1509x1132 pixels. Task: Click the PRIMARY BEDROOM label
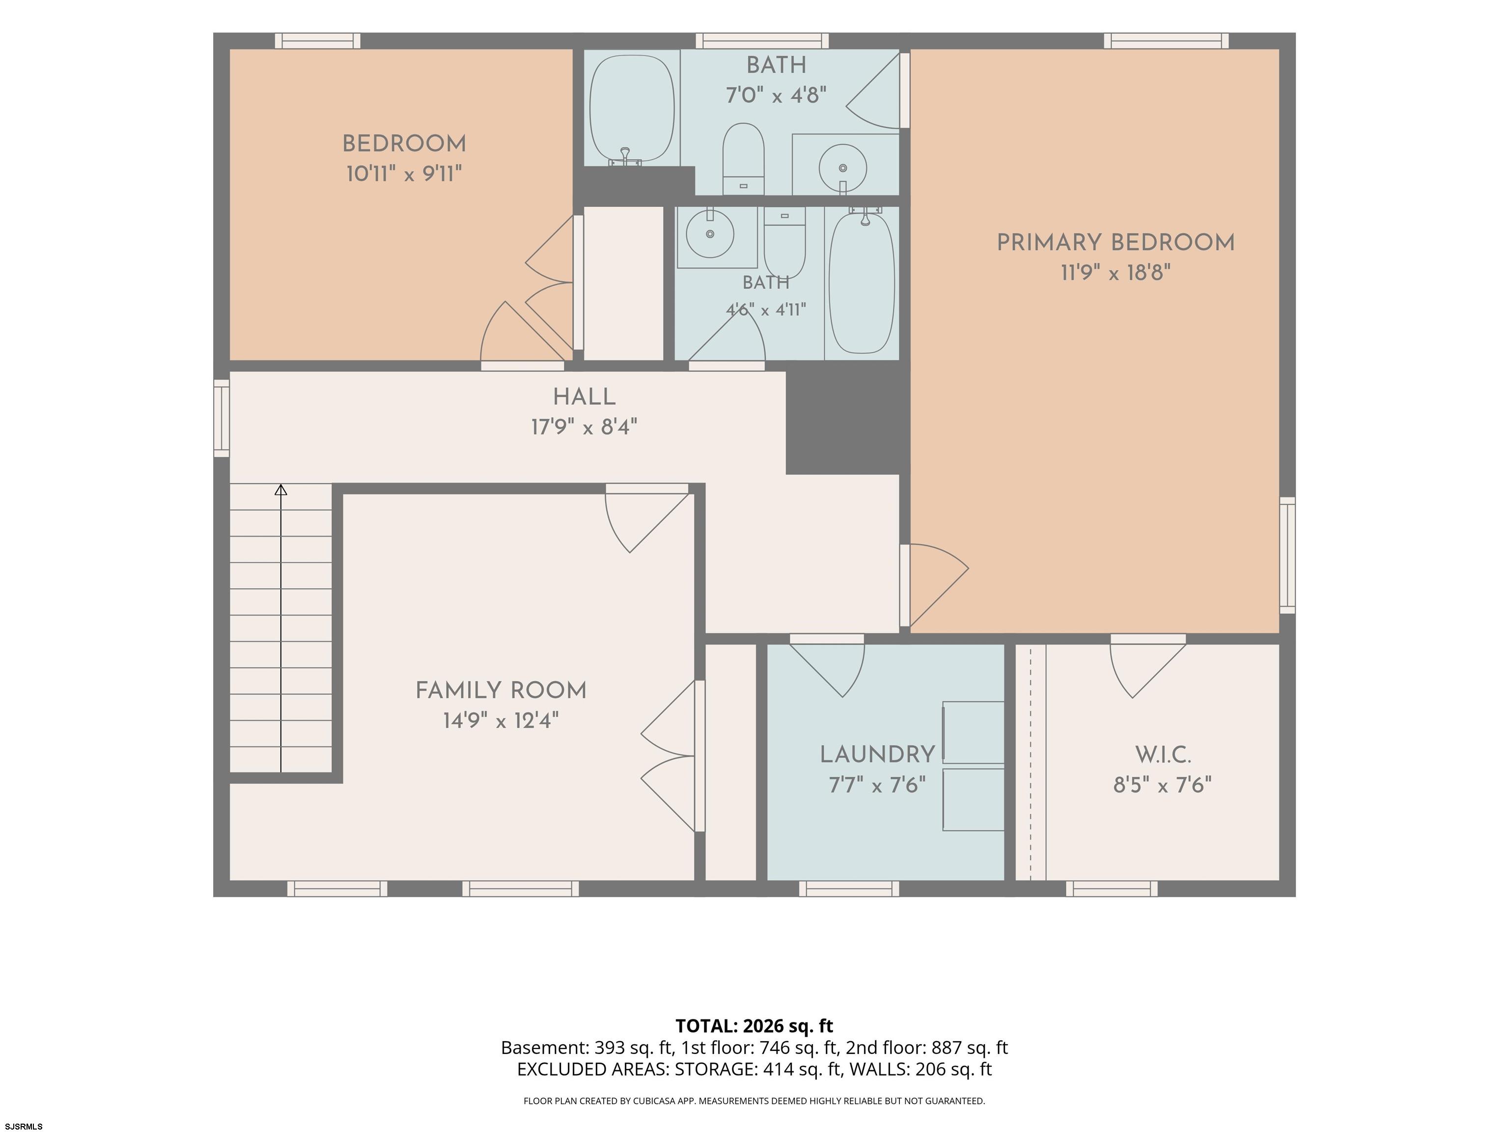(1116, 243)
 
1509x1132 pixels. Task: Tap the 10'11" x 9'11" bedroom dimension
(404, 174)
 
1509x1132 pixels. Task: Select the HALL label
(584, 397)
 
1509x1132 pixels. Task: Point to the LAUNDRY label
(877, 755)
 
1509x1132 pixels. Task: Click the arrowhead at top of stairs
(280, 489)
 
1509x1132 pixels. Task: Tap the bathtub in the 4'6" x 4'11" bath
(862, 283)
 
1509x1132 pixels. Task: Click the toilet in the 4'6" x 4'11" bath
(784, 243)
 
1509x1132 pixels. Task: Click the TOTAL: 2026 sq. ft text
(754, 1025)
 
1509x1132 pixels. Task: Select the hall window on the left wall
(222, 418)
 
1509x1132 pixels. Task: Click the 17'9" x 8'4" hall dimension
(584, 428)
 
